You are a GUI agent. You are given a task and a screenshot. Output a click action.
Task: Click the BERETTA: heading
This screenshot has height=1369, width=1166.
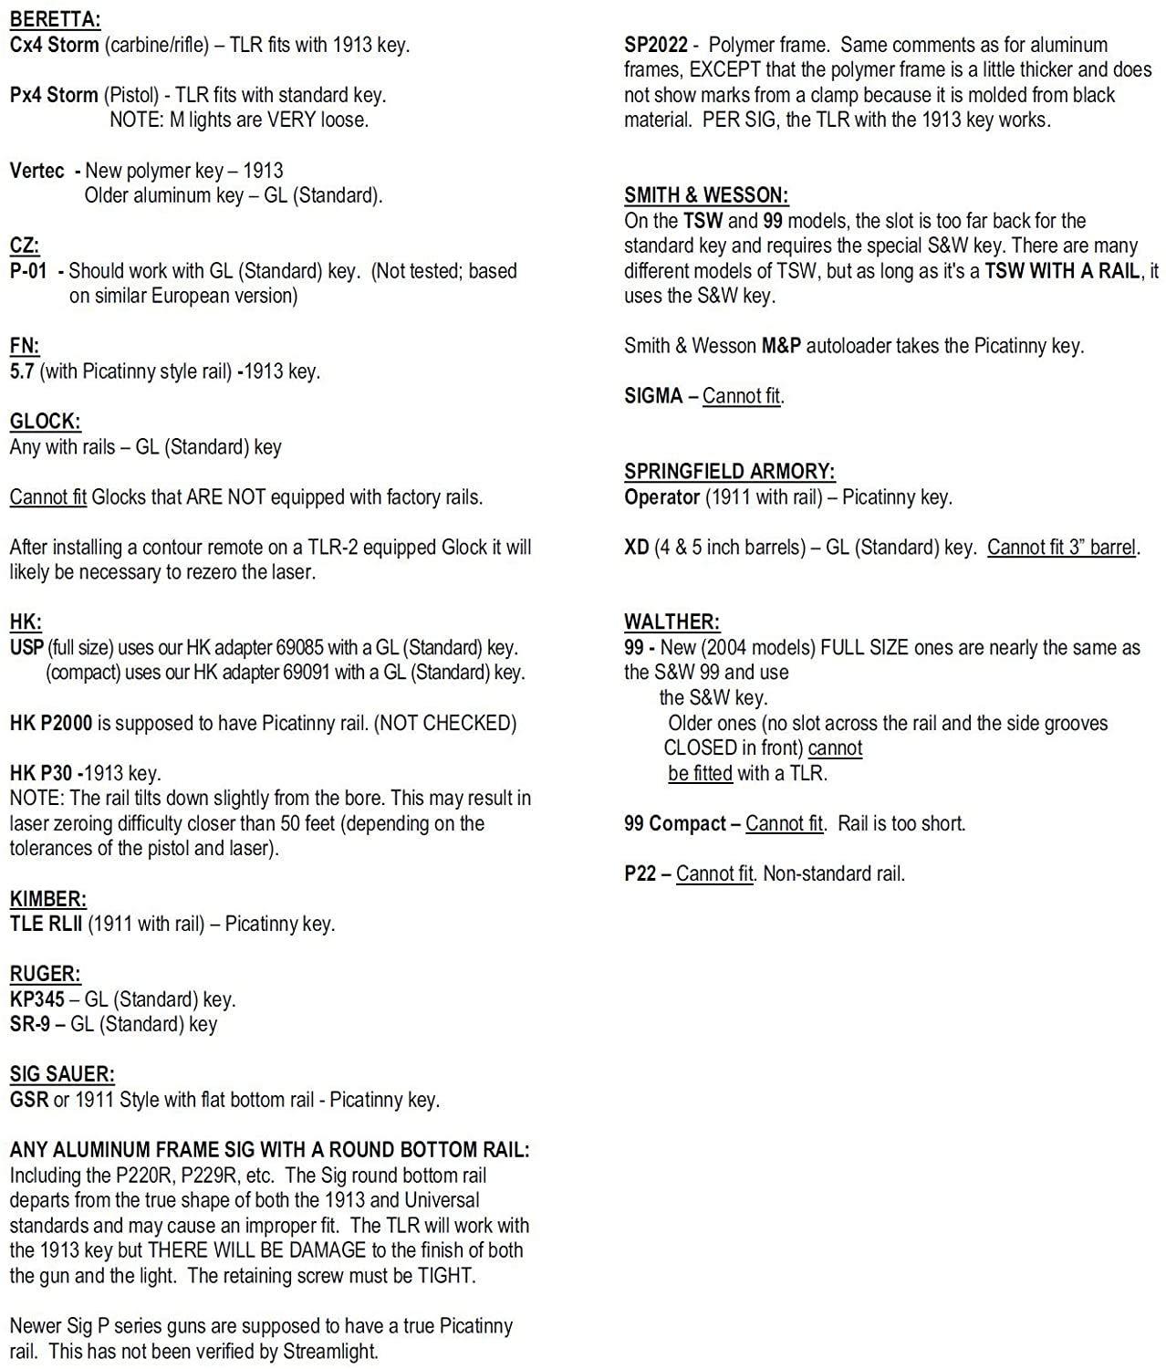coord(55,19)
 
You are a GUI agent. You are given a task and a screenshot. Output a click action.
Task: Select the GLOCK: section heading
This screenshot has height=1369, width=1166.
coord(45,421)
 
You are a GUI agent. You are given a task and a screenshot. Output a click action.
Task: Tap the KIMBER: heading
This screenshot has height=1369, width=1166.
coord(47,898)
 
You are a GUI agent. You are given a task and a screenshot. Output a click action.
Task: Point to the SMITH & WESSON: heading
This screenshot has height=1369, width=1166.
coord(706,195)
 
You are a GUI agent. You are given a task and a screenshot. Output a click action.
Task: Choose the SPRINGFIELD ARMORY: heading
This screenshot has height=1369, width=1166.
coord(729,471)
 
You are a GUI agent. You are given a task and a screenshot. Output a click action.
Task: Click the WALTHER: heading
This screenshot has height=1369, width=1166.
coord(671,622)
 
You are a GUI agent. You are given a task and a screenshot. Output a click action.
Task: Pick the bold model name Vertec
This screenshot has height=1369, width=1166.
coord(36,171)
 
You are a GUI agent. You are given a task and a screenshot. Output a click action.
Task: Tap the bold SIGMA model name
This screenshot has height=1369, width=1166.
coord(653,396)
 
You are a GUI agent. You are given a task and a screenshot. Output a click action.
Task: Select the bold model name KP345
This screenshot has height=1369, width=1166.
coord(36,998)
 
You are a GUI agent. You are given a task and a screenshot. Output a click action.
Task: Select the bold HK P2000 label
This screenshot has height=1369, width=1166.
coord(50,723)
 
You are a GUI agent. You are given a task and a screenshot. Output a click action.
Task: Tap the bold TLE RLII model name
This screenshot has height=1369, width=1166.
coord(46,924)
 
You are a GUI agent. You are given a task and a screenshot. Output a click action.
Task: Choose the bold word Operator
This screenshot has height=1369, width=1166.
coord(661,496)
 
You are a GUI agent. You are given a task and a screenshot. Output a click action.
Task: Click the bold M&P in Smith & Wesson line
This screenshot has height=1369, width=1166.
coord(781,346)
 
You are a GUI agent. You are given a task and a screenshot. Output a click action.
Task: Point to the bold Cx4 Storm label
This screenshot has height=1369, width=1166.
coord(54,45)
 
